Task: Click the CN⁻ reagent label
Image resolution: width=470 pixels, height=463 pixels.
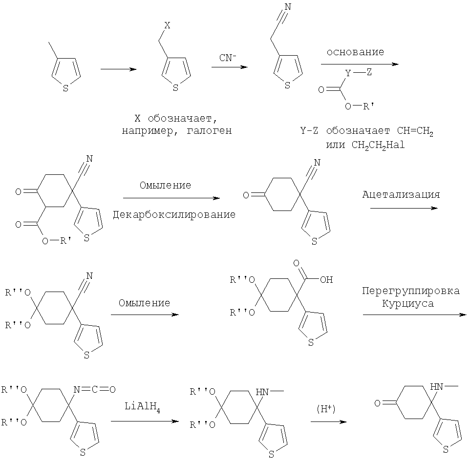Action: click(x=227, y=58)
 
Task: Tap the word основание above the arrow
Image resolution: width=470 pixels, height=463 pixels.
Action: click(x=355, y=52)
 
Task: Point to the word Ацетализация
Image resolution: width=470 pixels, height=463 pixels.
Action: click(x=401, y=194)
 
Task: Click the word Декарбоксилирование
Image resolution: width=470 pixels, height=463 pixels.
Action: click(x=174, y=214)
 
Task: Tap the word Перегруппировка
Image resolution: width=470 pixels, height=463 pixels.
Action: click(x=411, y=291)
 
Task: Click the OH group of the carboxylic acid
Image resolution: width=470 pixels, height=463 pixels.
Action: click(x=326, y=280)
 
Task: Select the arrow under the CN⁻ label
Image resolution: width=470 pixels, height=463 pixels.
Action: click(x=229, y=68)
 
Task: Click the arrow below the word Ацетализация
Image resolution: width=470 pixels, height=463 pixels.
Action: click(x=403, y=209)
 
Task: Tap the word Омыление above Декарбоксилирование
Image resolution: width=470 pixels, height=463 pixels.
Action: click(x=165, y=186)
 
